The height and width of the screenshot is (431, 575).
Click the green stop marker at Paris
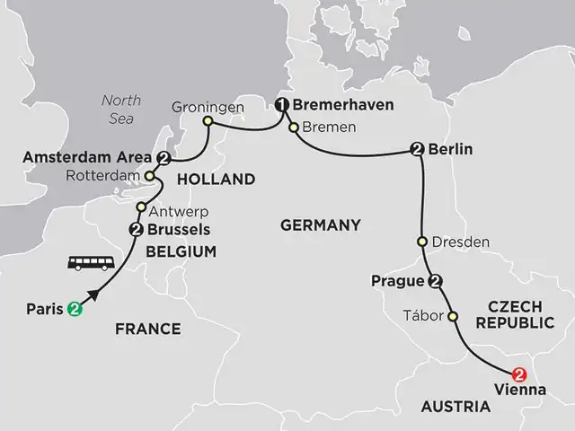[74, 310]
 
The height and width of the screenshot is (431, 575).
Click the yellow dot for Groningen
[208, 120]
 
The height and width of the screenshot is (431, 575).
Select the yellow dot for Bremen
[293, 128]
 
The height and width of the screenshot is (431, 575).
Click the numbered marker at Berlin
[417, 150]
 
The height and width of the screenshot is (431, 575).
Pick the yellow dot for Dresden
[421, 242]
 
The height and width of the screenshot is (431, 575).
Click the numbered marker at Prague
[435, 282]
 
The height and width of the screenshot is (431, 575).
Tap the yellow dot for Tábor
[452, 316]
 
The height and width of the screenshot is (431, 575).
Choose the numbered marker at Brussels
[137, 230]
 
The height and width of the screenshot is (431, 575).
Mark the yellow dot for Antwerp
[141, 207]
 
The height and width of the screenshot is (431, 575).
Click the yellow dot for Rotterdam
[149, 176]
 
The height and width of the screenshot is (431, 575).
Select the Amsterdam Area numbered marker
[164, 159]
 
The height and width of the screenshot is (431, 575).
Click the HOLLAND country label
[217, 180]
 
